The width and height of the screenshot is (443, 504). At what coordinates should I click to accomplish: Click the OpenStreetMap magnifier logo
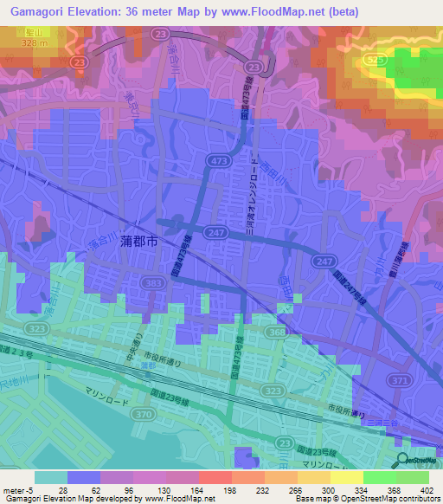click(402, 460)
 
